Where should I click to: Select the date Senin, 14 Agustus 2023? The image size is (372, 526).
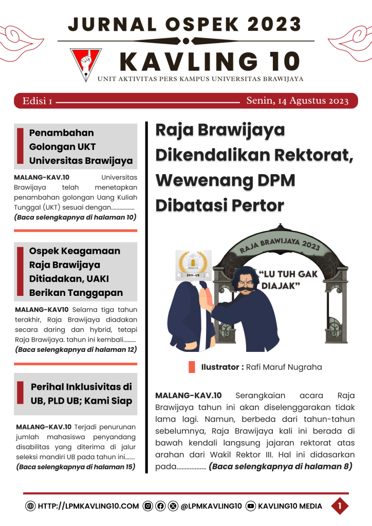tap(297, 101)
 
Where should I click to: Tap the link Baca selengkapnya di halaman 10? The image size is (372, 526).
tap(75, 217)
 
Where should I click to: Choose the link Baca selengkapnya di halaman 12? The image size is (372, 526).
tap(75, 349)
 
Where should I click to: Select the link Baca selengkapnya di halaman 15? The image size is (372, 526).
tap(76, 467)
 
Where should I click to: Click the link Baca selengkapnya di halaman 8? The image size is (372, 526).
tap(280, 466)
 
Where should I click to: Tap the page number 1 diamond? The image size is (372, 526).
tap(339, 506)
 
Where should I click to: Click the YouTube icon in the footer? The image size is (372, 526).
tap(251, 506)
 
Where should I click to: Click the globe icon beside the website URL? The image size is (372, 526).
tap(30, 506)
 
